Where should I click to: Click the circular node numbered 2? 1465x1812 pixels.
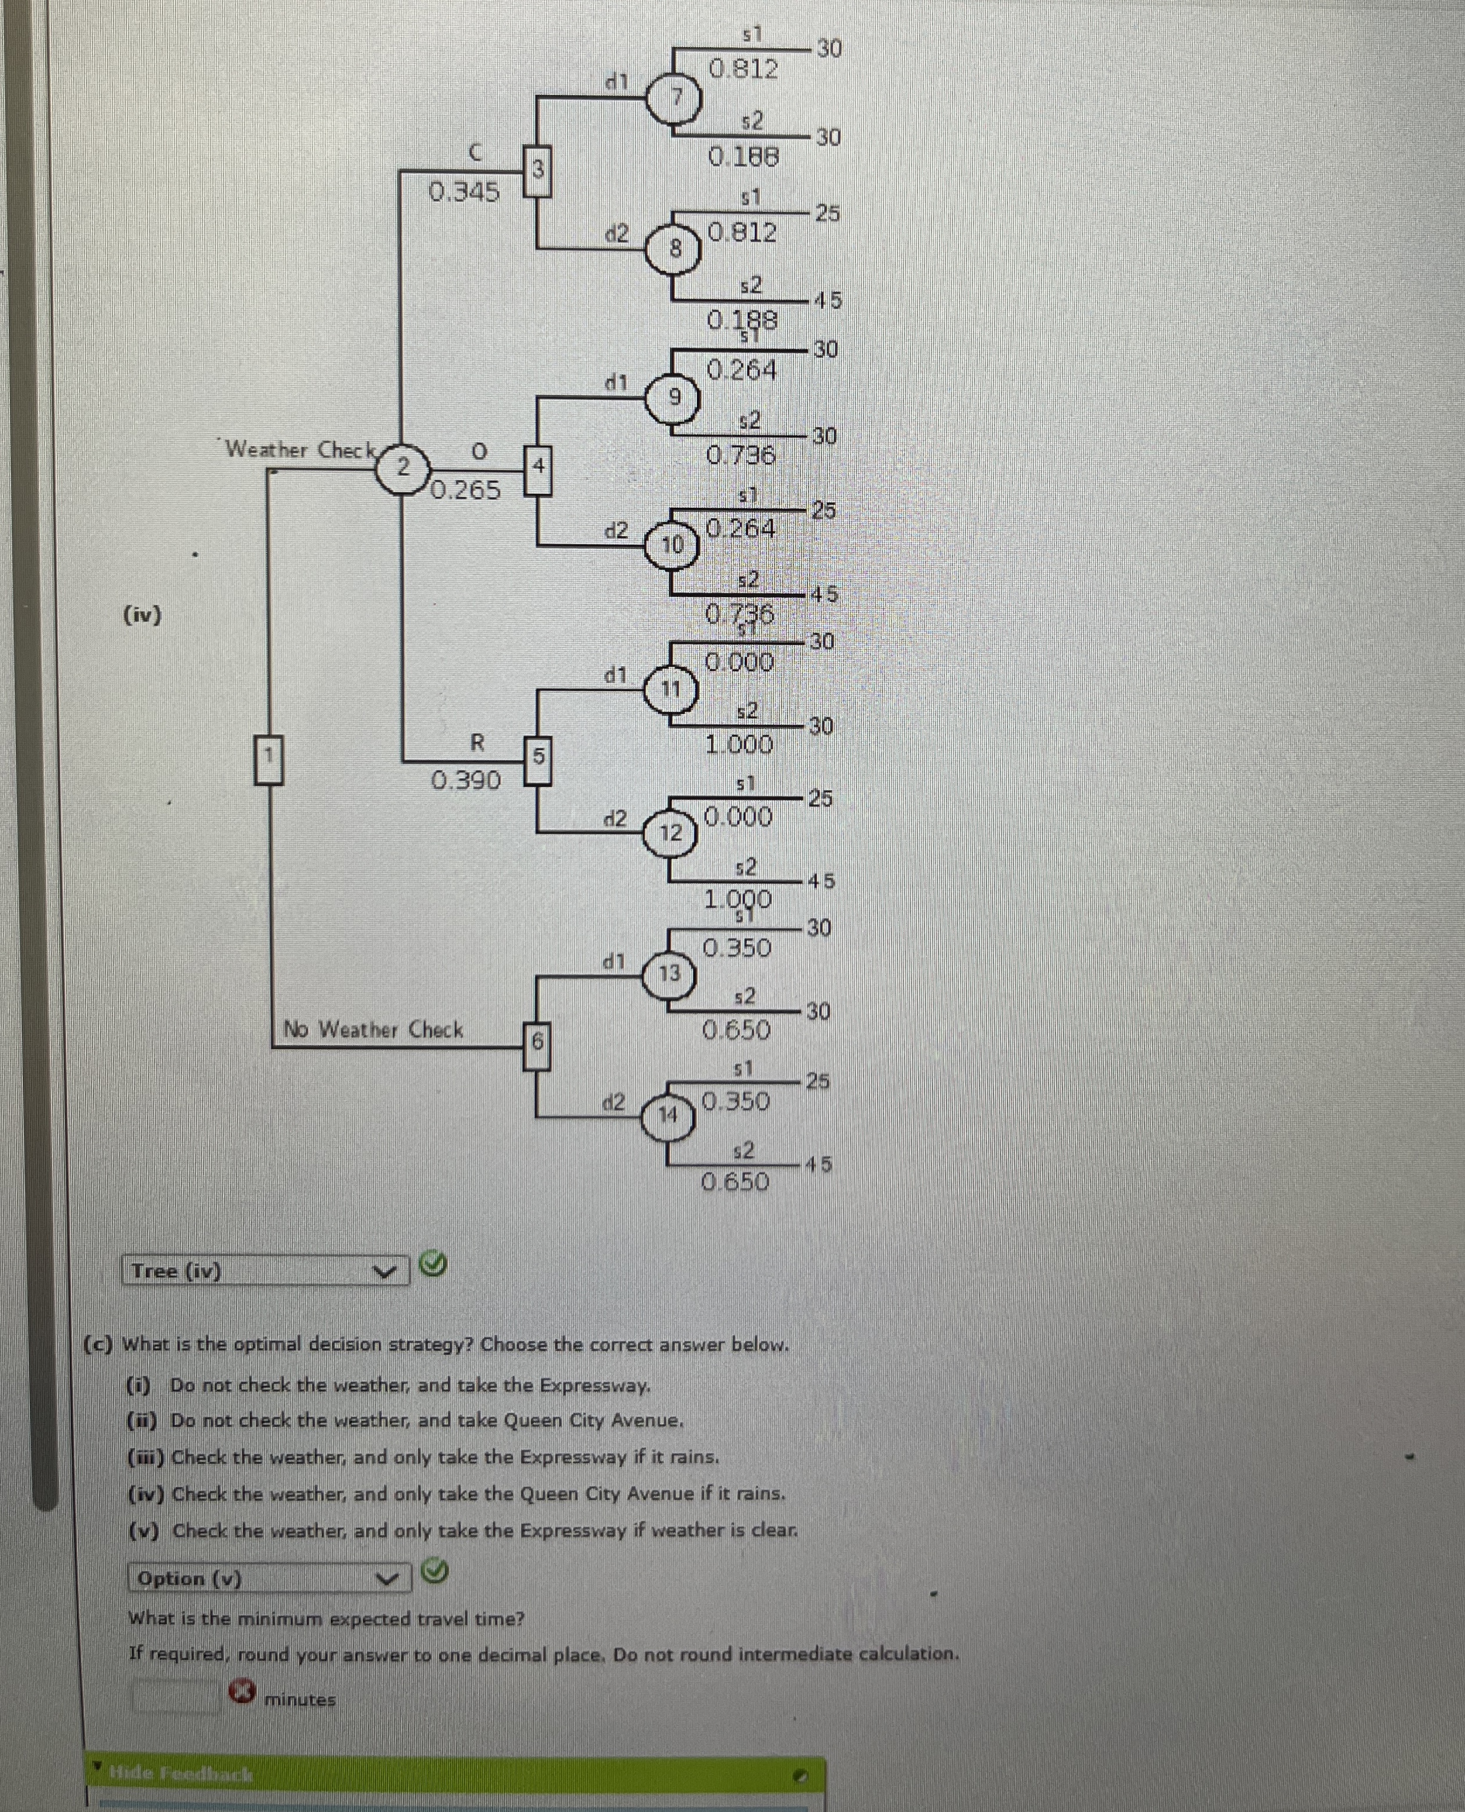[403, 466]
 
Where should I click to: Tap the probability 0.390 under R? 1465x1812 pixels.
[466, 780]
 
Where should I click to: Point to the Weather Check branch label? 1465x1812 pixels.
[300, 450]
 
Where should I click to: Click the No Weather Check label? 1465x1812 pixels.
[373, 1030]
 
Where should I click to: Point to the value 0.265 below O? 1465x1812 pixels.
[466, 490]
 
